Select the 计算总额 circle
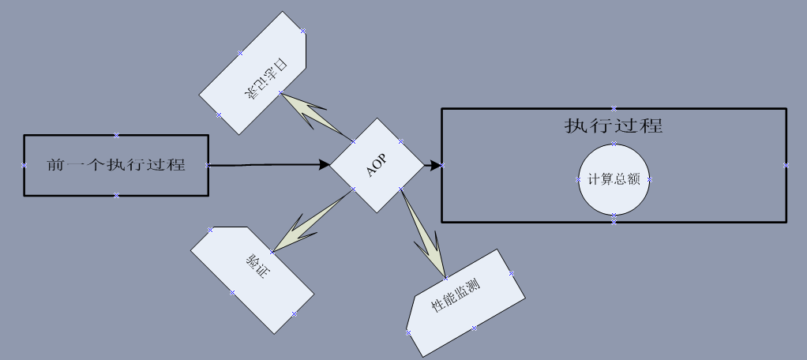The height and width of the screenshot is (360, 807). click(614, 179)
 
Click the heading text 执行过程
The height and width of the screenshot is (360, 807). click(614, 126)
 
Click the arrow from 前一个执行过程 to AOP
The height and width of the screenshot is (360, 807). click(268, 165)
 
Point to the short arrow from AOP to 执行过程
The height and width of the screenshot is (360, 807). click(433, 165)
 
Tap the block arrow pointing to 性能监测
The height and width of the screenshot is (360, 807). click(426, 241)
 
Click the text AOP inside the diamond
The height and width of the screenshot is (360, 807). click(377, 166)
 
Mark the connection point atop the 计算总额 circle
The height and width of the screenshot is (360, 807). click(614, 144)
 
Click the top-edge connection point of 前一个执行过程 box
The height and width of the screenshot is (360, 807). click(116, 135)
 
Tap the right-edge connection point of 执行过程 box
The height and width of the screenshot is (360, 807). click(786, 165)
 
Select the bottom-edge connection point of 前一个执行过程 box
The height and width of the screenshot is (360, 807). click(116, 195)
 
